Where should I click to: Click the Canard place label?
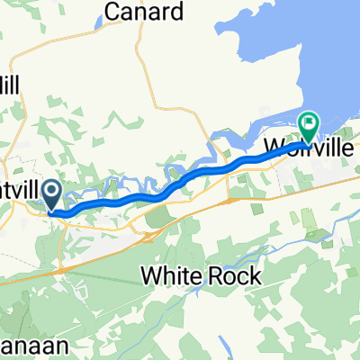144,12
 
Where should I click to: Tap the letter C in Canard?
113,12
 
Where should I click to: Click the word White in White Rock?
171,276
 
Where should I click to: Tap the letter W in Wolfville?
274,148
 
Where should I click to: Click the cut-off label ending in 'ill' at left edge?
16,83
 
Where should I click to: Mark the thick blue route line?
180,182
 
